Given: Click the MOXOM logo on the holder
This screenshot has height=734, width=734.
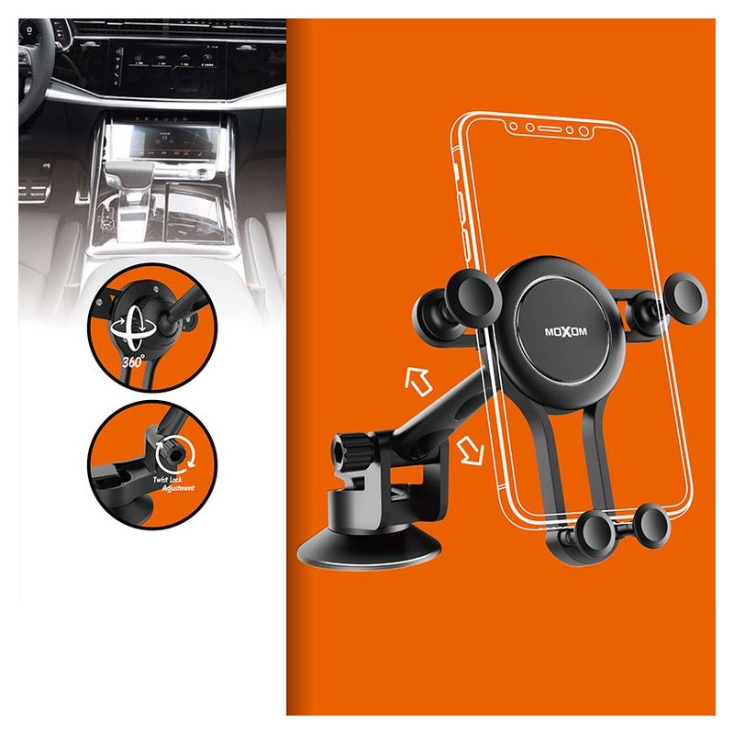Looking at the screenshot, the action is pos(565,332).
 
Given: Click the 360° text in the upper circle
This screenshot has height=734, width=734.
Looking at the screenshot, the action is pos(133,361).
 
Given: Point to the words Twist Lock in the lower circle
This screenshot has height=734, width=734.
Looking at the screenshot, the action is pos(168,479).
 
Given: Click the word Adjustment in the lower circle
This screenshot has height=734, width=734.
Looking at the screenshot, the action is pos(178,488).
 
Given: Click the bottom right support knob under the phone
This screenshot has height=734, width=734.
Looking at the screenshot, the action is pos(652,525).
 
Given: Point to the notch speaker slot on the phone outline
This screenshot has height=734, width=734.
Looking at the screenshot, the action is pos(549,128).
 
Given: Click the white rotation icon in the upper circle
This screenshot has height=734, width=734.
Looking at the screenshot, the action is pos(133,328).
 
